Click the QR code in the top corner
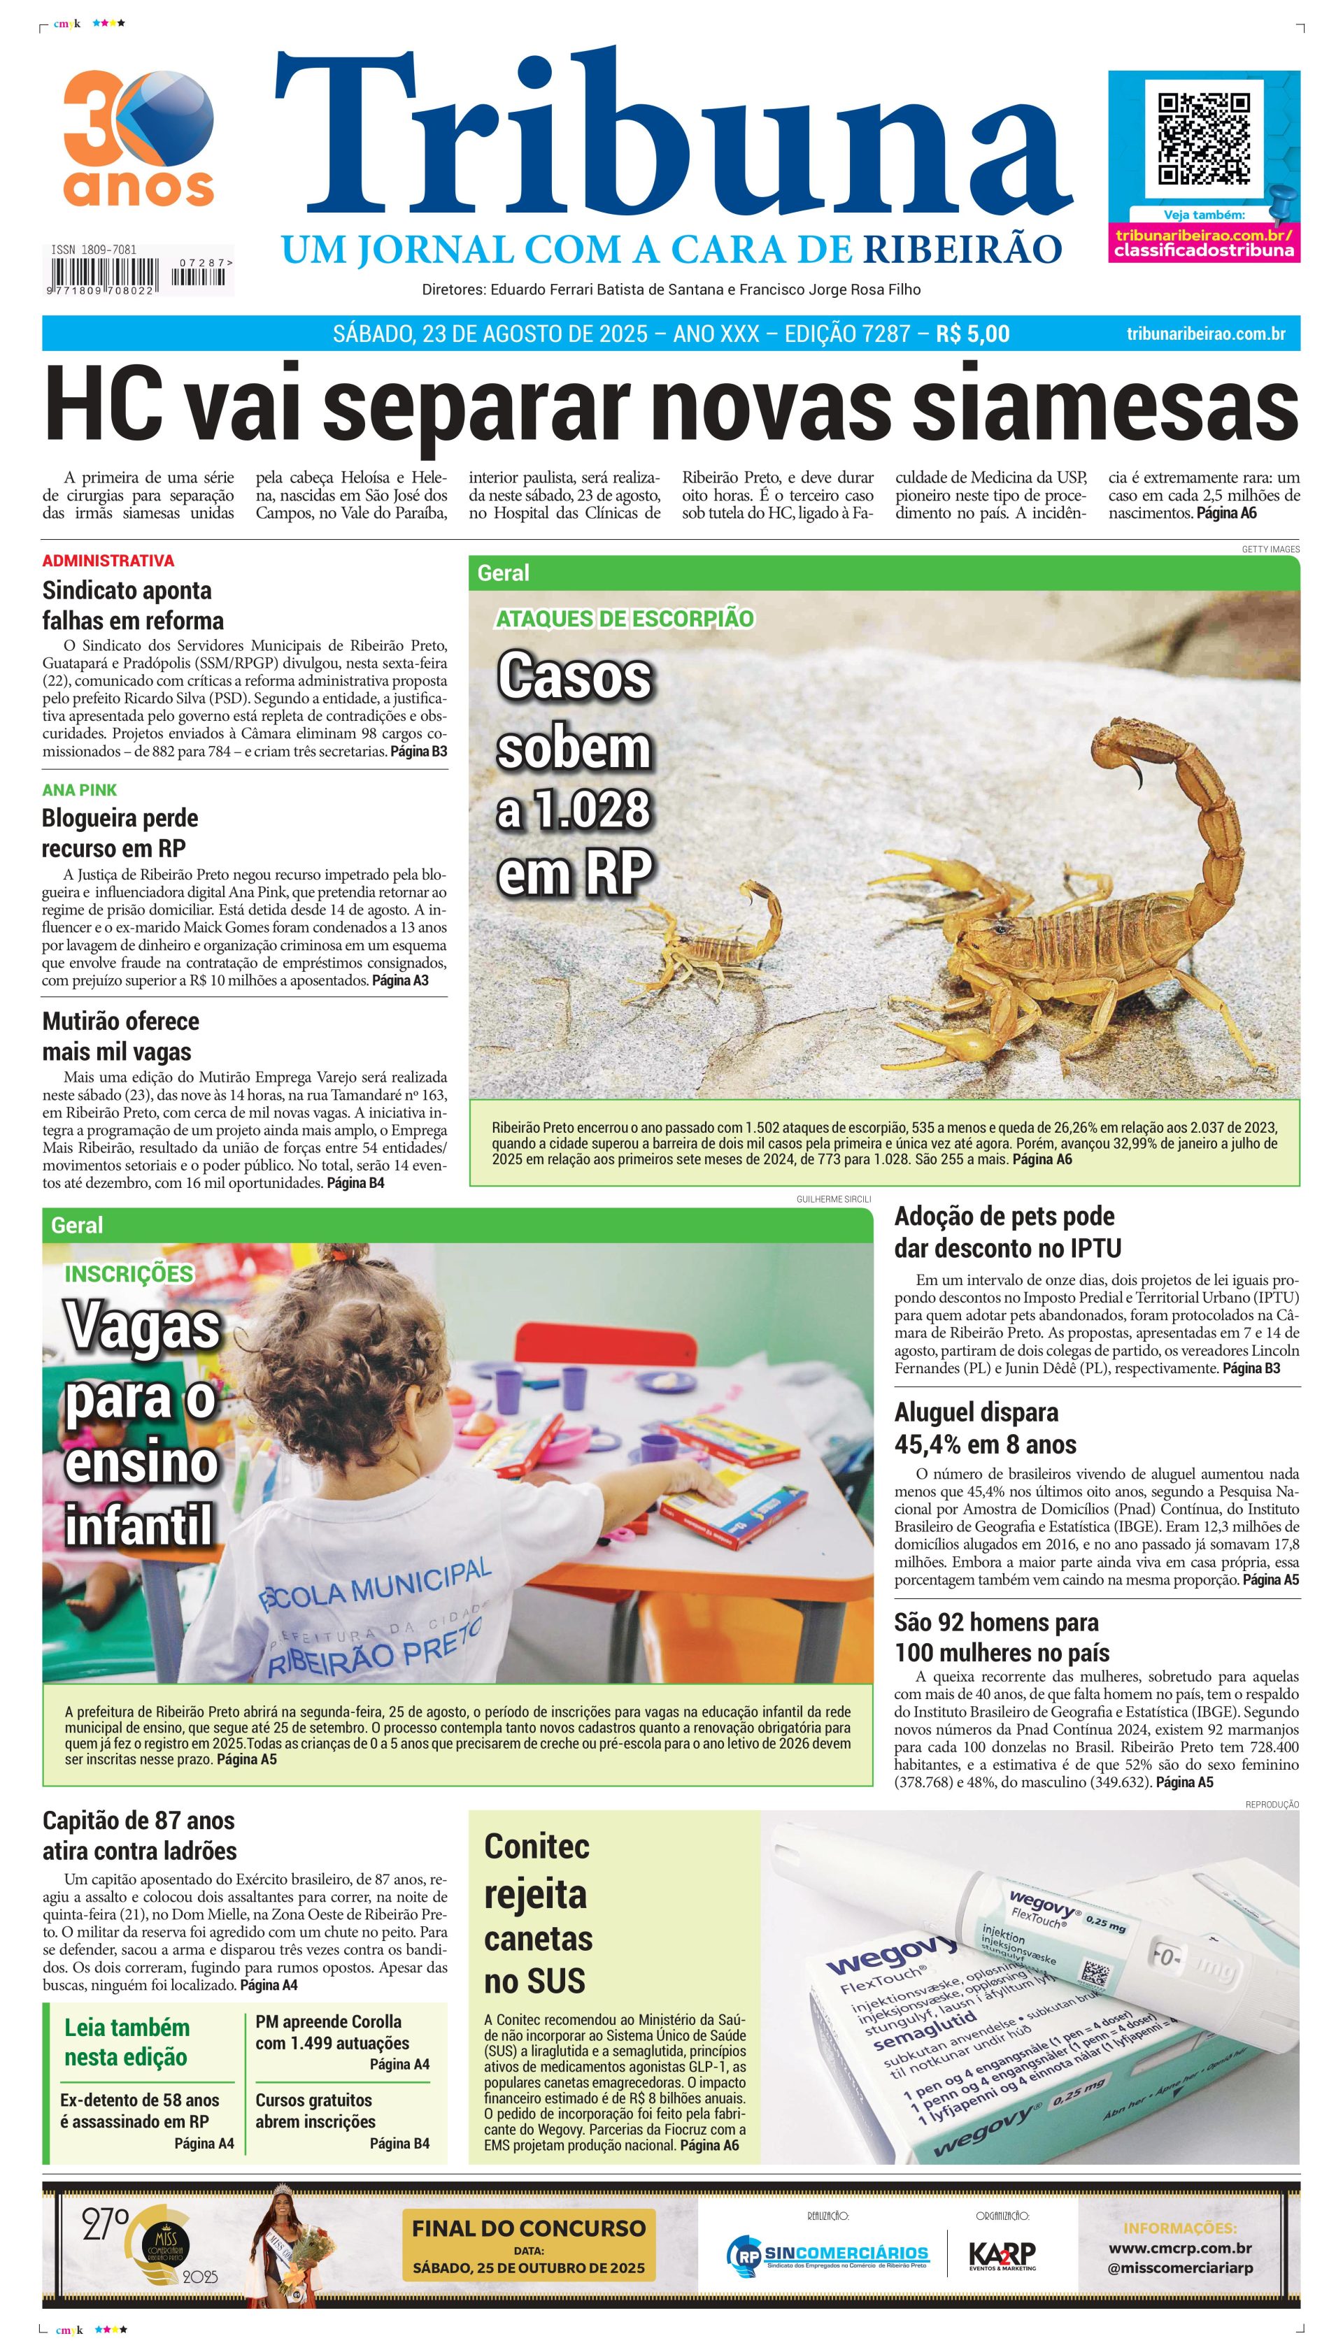coord(1204,139)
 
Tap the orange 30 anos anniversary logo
coord(138,138)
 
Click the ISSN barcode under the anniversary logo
coord(138,273)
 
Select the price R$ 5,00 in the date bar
coord(972,334)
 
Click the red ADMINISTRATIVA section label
coord(108,561)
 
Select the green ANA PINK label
coord(79,790)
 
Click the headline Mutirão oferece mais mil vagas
coord(120,1036)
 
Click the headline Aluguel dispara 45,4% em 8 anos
coord(985,1428)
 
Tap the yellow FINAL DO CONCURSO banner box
coord(529,2246)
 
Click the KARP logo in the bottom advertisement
coord(1002,2254)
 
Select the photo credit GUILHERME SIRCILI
coord(833,1199)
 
